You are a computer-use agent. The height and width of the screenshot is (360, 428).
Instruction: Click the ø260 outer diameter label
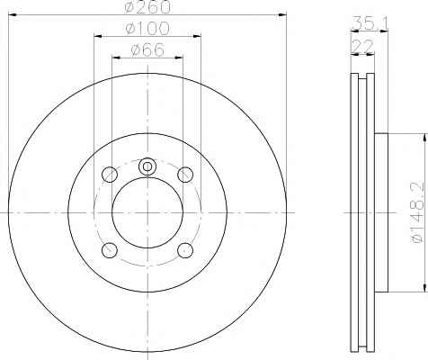tap(147, 6)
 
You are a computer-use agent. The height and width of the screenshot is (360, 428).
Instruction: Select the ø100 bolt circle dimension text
tap(147, 28)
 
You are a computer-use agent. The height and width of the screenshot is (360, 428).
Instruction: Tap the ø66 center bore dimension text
tap(147, 49)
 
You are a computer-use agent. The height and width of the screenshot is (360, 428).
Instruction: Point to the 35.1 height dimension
tap(370, 22)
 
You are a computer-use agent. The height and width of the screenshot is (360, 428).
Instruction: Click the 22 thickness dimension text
tap(362, 46)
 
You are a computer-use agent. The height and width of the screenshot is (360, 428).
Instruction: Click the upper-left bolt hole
tap(110, 175)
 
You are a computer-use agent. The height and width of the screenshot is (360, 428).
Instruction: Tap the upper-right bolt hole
tap(185, 175)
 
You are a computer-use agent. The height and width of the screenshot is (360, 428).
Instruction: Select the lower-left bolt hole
tap(110, 250)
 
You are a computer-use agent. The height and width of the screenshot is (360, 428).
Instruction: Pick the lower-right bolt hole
tap(185, 250)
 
